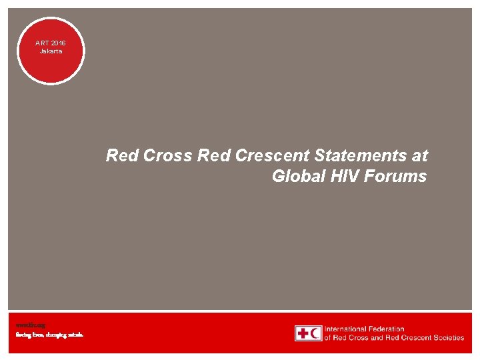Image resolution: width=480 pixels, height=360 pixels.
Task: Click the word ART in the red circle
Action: pyautogui.click(x=43, y=43)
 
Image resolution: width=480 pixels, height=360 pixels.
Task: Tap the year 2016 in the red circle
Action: pyautogui.click(x=58, y=43)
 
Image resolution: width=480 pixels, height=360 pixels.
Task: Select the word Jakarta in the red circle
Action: pyautogui.click(x=51, y=51)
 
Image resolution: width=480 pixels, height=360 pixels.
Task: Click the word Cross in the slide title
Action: pyautogui.click(x=169, y=156)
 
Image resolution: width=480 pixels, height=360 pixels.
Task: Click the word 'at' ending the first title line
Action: pyautogui.click(x=420, y=156)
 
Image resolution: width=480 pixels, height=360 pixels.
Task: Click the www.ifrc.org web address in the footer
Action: pyautogui.click(x=31, y=325)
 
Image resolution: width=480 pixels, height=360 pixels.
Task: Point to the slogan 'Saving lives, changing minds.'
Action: pyautogui.click(x=50, y=335)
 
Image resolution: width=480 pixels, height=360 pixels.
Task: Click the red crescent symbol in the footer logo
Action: pyautogui.click(x=315, y=333)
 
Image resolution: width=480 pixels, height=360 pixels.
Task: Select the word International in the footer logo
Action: pyautogui.click(x=347, y=329)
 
